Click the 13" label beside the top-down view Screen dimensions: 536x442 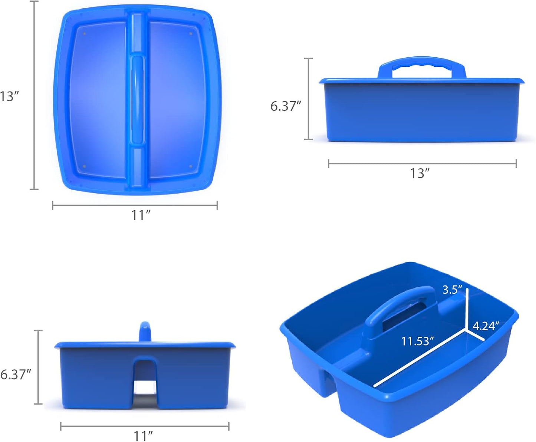(x=10, y=96)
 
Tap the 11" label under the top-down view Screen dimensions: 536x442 (x=141, y=215)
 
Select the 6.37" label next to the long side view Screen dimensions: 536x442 (x=286, y=106)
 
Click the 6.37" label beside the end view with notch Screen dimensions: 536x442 (x=16, y=375)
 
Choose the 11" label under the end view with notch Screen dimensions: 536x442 (x=143, y=436)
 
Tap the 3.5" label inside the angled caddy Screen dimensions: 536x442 (x=452, y=290)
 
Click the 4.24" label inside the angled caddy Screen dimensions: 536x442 (x=486, y=326)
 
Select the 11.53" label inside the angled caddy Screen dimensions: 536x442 (x=417, y=341)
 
